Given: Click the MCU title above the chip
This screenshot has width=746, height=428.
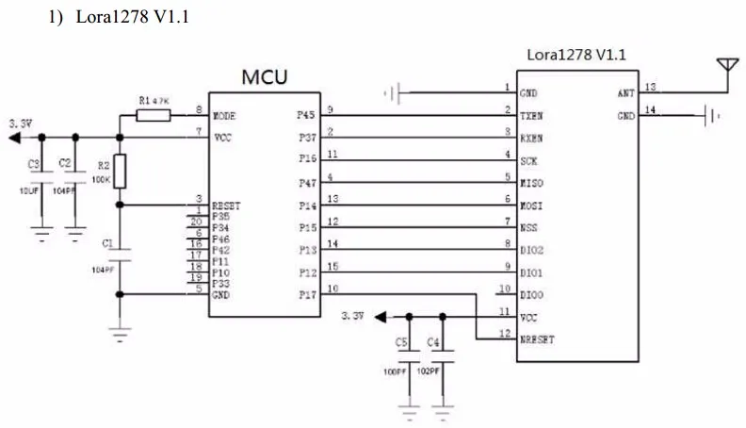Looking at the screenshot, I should pyautogui.click(x=265, y=76).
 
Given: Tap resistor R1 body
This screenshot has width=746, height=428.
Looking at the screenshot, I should pyautogui.click(x=154, y=115).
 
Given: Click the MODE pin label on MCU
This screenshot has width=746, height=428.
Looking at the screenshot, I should pyautogui.click(x=224, y=116).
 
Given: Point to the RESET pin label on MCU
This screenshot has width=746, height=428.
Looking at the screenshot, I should pyautogui.click(x=226, y=205).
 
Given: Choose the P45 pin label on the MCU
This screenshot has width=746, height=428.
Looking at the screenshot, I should pyautogui.click(x=306, y=115).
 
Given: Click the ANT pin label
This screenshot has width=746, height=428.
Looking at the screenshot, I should pyautogui.click(x=625, y=93).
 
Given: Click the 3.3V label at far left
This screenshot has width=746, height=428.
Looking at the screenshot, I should pyautogui.click(x=21, y=123).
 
